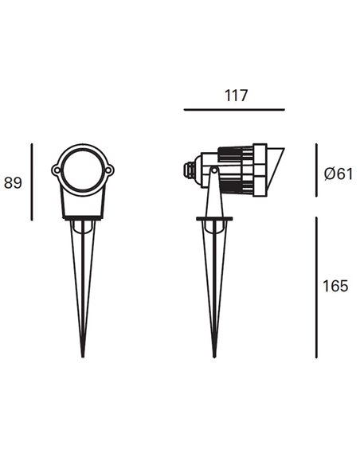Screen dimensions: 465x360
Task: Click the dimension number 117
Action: click(x=236, y=96)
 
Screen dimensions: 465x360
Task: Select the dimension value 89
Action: click(x=13, y=182)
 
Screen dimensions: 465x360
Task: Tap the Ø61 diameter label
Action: click(x=338, y=174)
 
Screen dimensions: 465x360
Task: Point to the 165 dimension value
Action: click(x=335, y=286)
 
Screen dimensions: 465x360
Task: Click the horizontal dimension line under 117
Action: click(x=234, y=110)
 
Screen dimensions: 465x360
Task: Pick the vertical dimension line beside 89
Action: click(x=32, y=182)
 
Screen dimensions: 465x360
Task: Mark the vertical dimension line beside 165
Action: click(x=316, y=287)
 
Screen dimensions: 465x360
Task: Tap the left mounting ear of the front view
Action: click(x=56, y=170)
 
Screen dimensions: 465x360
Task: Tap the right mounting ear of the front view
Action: click(x=109, y=170)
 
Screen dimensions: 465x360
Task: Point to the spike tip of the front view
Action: click(x=83, y=354)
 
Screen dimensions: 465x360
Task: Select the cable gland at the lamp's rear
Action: click(x=190, y=169)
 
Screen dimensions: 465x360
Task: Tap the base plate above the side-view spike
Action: click(x=213, y=218)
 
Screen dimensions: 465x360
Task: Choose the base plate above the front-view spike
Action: click(x=83, y=218)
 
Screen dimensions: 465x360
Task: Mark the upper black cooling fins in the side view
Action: click(x=237, y=152)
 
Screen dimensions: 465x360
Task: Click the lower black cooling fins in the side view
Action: click(x=237, y=187)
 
